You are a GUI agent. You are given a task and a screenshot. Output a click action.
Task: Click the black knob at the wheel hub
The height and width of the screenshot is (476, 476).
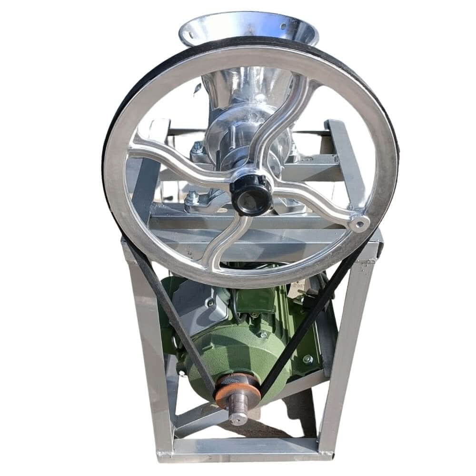pos(251,194)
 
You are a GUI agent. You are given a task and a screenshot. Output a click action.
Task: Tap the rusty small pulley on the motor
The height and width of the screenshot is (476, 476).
pos(237,390)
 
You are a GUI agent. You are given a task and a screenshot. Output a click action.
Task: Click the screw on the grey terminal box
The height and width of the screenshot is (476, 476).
pos(210,303)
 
